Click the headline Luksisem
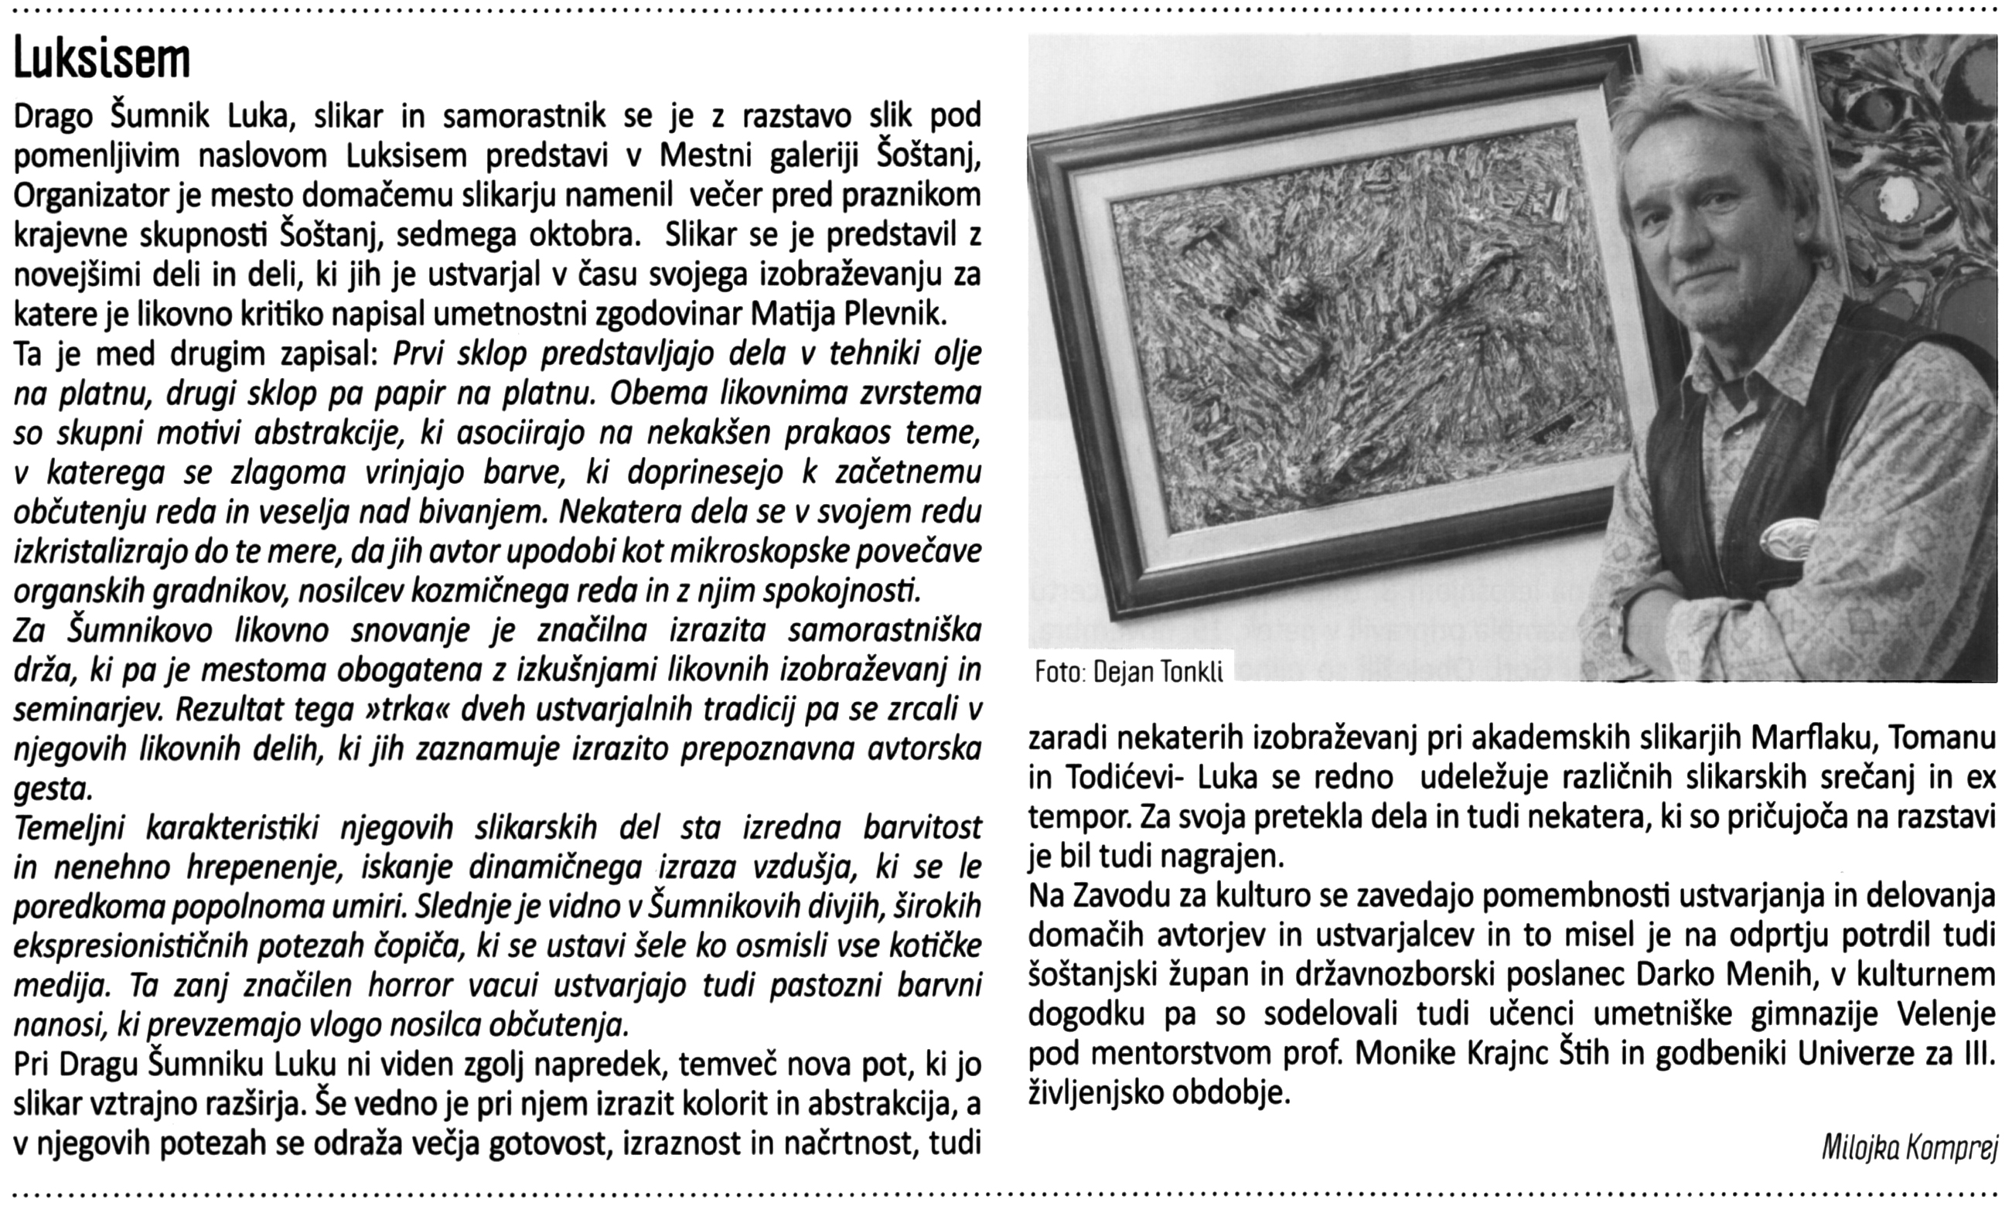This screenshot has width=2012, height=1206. (101, 59)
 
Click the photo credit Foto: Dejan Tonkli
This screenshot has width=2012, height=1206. (1129, 671)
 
